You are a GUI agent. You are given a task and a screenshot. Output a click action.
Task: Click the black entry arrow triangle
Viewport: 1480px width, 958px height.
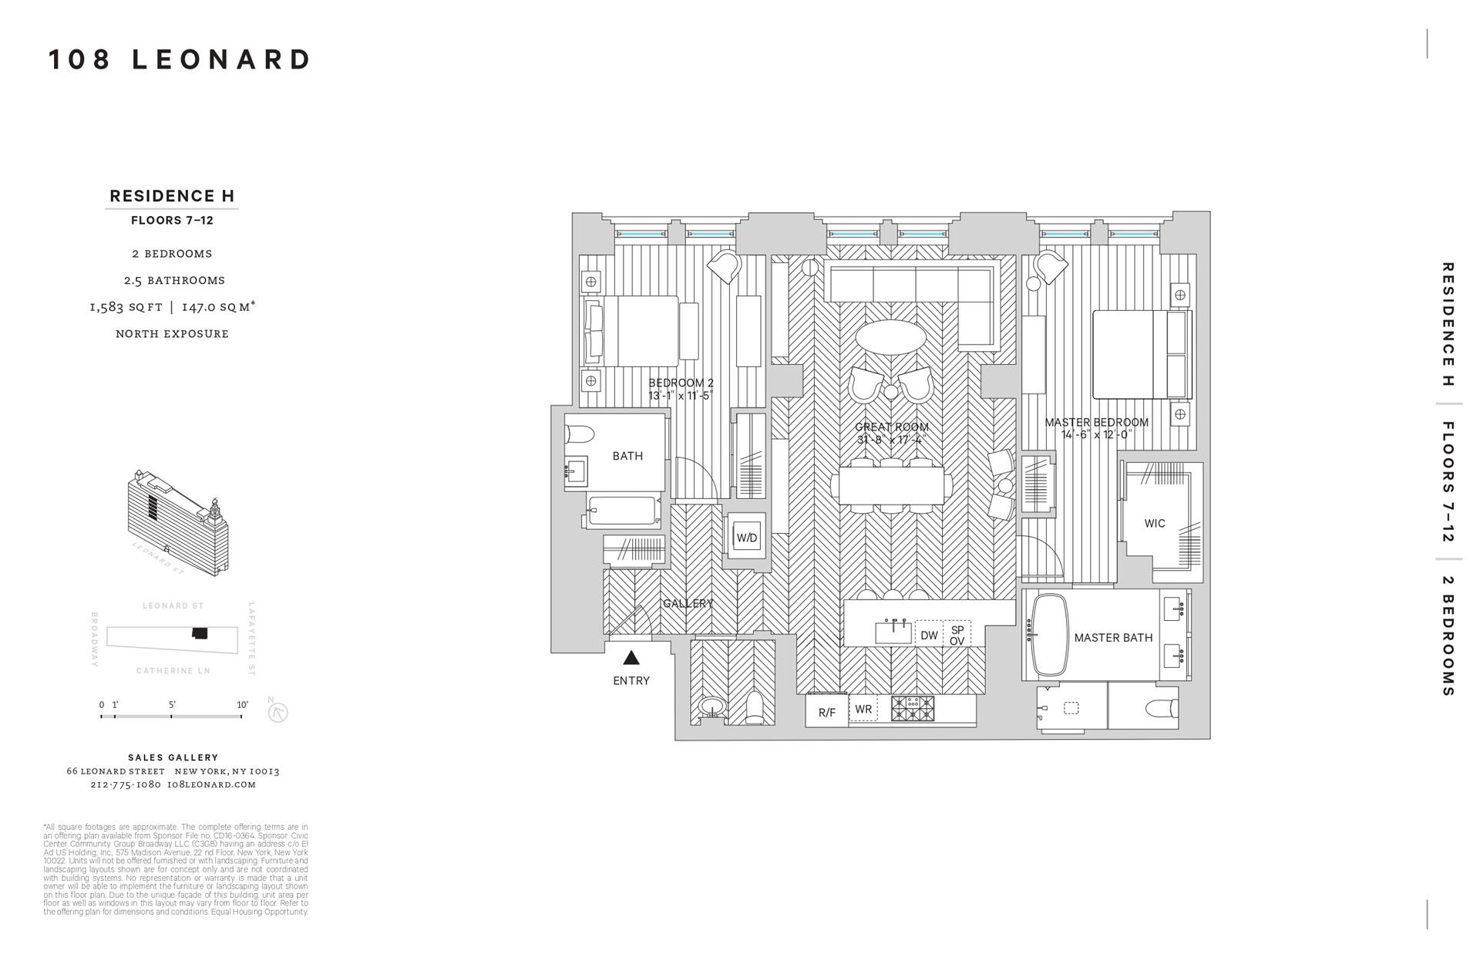[x=631, y=658]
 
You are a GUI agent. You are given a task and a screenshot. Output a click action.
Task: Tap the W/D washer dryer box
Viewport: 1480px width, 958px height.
[x=746, y=538]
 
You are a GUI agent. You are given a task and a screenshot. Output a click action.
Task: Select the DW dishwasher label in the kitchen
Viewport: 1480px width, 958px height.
[x=929, y=636]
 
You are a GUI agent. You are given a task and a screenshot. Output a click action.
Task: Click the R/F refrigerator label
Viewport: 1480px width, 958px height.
[x=826, y=713]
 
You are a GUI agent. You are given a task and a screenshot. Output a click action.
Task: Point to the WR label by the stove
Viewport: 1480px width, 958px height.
[x=863, y=710]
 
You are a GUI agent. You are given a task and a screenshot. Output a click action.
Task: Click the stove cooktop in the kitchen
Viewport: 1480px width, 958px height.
[x=913, y=709]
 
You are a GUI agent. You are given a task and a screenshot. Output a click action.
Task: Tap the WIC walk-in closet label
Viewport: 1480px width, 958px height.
[x=1155, y=524]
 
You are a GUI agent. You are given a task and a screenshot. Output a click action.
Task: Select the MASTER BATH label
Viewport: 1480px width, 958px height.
[x=1113, y=638]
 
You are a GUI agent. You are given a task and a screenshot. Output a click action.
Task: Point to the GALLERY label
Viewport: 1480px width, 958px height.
[x=688, y=604]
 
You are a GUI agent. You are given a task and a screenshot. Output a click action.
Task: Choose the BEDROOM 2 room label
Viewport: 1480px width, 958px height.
[x=681, y=383]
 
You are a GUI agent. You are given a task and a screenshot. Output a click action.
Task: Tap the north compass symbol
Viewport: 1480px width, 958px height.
[x=277, y=713]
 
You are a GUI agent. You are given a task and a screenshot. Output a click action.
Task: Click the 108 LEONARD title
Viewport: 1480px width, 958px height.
[x=180, y=59]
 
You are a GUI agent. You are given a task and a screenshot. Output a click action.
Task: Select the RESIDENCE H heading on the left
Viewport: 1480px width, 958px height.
[x=172, y=196]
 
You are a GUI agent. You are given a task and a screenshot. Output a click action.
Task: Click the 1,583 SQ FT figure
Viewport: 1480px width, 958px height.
[x=126, y=307]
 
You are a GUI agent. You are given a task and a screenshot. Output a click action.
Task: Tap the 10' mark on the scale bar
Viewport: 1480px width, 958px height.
[x=242, y=705]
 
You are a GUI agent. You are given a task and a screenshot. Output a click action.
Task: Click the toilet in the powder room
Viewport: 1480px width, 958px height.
[x=755, y=707]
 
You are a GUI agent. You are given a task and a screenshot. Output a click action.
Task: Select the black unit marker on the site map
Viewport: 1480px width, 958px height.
[x=200, y=633]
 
